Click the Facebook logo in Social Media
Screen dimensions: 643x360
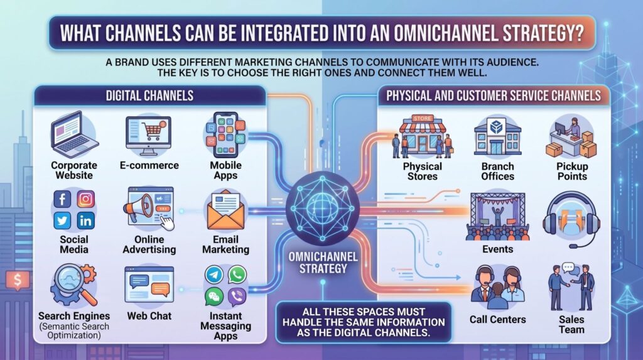(x=62, y=200)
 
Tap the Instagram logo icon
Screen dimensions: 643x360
(x=85, y=200)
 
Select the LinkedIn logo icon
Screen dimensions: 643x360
(x=85, y=221)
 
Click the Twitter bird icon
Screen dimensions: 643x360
(x=62, y=221)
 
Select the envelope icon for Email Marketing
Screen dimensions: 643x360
(x=225, y=210)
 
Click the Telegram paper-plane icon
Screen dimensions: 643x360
(x=214, y=275)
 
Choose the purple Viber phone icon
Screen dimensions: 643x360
(x=237, y=297)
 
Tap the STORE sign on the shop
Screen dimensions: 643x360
(x=423, y=118)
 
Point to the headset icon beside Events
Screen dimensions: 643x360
(x=571, y=221)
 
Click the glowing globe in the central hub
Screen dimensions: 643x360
(x=323, y=208)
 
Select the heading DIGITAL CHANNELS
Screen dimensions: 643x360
(x=149, y=95)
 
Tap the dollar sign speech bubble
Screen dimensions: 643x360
(x=17, y=280)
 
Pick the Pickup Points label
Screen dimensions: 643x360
(x=572, y=172)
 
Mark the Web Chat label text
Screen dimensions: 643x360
(x=149, y=316)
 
